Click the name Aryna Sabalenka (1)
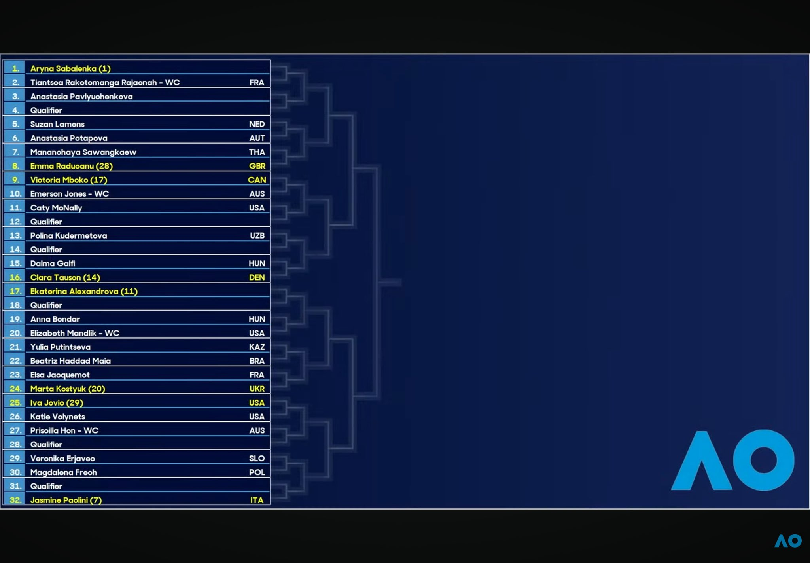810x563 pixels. [x=70, y=68]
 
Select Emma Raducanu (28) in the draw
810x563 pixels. [x=72, y=166]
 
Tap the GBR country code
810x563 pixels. [x=257, y=166]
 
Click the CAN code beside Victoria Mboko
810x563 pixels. [x=257, y=180]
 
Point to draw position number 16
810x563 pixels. [x=15, y=277]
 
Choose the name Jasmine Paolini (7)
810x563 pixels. [x=66, y=500]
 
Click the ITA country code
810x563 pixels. [x=257, y=500]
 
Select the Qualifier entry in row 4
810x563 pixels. [x=46, y=110]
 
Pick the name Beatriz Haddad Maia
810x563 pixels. [x=70, y=361]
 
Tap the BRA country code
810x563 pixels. [x=257, y=361]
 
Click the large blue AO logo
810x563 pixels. [x=733, y=460]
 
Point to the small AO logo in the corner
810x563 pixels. [x=788, y=541]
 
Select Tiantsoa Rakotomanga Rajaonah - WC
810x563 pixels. [x=105, y=83]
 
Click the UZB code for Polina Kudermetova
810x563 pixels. [x=257, y=236]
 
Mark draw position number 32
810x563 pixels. [x=15, y=500]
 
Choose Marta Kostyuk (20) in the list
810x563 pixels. [x=68, y=389]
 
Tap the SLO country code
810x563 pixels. [x=257, y=458]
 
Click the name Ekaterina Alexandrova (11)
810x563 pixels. [x=84, y=292]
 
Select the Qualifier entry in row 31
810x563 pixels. [x=46, y=486]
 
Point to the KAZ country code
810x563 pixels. [x=257, y=347]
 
